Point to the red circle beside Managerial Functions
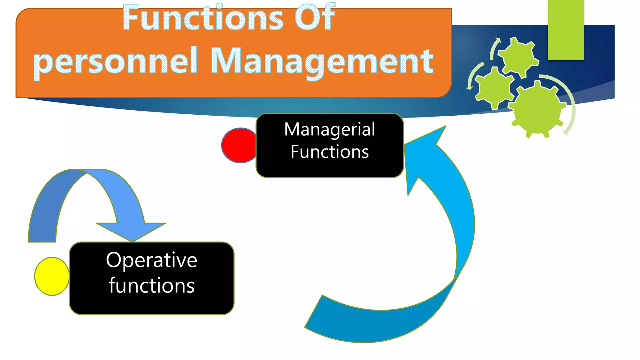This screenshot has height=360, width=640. click(238, 145)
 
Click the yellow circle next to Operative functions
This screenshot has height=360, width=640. click(51, 276)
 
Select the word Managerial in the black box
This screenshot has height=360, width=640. click(329, 129)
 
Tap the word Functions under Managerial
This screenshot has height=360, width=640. click(329, 152)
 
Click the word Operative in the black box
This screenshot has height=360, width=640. click(152, 260)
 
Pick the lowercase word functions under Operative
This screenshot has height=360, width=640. click(152, 286)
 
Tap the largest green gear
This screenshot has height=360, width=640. click(537, 109)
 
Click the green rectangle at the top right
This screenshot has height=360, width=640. click(566, 30)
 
